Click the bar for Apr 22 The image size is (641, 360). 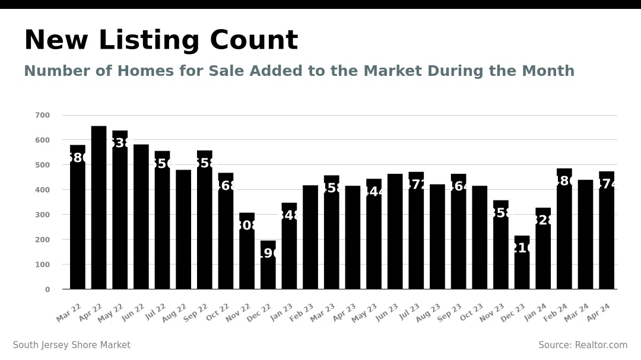click(x=99, y=208)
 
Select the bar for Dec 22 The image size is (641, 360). click(x=268, y=265)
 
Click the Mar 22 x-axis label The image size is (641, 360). click(x=69, y=313)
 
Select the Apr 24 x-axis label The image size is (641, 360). click(x=598, y=313)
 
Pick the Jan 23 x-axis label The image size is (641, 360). click(x=281, y=313)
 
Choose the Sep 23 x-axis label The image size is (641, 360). click(x=450, y=313)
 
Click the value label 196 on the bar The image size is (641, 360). click(x=268, y=254)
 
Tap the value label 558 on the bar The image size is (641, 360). click(x=205, y=164)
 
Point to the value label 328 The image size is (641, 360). click(x=543, y=221)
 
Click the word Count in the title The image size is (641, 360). click(x=253, y=41)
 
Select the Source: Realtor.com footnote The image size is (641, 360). click(x=583, y=345)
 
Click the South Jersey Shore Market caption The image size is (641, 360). click(x=72, y=345)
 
